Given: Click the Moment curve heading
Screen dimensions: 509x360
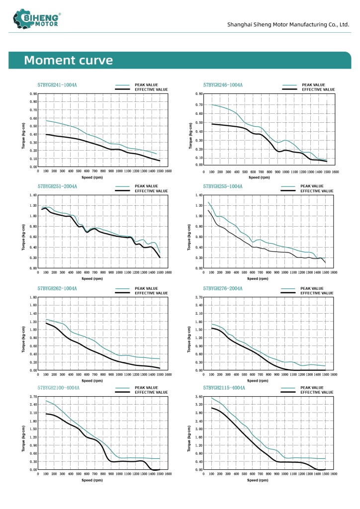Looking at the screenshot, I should click(x=69, y=61).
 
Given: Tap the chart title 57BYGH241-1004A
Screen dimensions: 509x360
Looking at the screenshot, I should click(x=57, y=85).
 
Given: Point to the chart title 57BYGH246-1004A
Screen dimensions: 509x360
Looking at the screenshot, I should click(x=223, y=85).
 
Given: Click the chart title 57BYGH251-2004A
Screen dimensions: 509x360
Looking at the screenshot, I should click(x=57, y=186).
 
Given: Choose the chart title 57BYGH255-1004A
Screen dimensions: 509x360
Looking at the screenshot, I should click(x=223, y=186).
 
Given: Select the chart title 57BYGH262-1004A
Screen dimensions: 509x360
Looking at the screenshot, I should click(x=57, y=288).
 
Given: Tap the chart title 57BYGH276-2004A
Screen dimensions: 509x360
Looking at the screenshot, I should click(x=223, y=288).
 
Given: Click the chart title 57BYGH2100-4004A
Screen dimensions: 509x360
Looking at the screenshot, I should click(x=59, y=387).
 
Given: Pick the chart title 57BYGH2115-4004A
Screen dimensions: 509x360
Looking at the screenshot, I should click(x=224, y=387).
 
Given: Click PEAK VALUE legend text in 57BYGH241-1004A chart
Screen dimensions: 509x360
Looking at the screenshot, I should click(x=146, y=85).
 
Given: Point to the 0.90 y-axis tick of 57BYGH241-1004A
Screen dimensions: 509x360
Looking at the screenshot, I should click(x=33, y=93).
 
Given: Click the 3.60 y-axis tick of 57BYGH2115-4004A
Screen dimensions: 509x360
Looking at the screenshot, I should click(x=199, y=397).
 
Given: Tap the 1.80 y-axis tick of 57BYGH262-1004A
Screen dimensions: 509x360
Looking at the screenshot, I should click(x=33, y=297).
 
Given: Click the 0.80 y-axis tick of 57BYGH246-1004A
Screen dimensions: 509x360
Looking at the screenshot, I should click(x=199, y=93).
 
